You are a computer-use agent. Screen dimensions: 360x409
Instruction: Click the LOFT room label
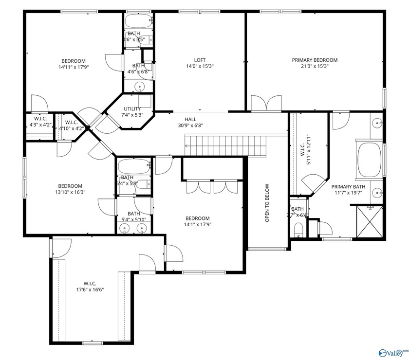tap(200, 60)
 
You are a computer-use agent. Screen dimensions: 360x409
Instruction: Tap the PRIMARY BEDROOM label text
tap(315, 60)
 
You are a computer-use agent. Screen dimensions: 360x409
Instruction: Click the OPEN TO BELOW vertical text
tap(267, 203)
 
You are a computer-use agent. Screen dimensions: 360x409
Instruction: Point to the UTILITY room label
tap(132, 109)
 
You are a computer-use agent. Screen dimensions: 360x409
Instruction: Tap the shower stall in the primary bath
tap(368, 222)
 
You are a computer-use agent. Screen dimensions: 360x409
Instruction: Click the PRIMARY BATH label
tap(348, 186)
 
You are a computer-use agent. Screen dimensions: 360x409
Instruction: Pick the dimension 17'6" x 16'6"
tap(90, 289)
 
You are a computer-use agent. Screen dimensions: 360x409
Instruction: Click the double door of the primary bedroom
tap(266, 104)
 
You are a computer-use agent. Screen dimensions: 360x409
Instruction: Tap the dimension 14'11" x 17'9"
tap(74, 67)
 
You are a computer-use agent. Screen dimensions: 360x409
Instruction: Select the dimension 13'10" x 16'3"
tap(70, 192)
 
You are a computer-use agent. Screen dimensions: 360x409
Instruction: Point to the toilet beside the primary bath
tap(298, 229)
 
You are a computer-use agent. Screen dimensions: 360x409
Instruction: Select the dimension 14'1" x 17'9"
tap(197, 225)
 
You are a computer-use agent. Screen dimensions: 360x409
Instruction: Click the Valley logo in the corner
tap(394, 352)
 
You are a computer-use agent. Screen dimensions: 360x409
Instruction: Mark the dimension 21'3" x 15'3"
tap(315, 66)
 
